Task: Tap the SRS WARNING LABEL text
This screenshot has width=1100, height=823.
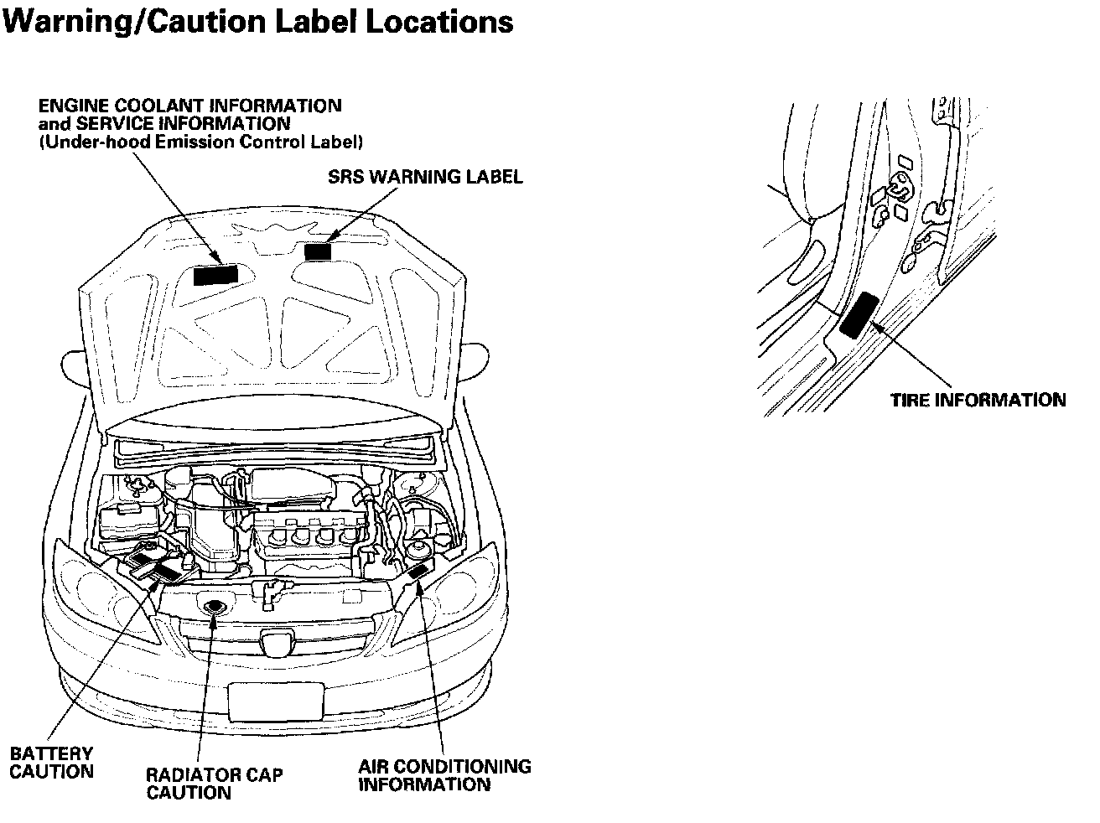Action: tap(424, 177)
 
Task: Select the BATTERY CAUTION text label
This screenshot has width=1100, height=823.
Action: tap(51, 763)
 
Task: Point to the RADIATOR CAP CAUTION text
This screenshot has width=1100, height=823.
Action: tap(214, 783)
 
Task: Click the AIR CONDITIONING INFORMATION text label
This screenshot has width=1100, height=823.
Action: tap(444, 775)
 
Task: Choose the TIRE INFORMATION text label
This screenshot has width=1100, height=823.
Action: tap(978, 400)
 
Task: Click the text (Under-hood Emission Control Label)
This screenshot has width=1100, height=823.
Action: tap(201, 142)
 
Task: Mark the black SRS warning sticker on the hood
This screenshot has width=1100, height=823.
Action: tap(318, 251)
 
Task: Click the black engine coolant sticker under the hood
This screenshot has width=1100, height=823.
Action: tap(215, 275)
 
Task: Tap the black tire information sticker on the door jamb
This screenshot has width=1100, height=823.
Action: tap(859, 314)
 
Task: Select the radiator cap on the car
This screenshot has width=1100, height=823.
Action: tap(215, 607)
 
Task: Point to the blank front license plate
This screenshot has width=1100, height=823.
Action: tap(276, 699)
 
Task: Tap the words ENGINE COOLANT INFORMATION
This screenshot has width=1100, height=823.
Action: tap(190, 106)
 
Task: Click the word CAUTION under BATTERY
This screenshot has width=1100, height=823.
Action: tap(51, 772)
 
